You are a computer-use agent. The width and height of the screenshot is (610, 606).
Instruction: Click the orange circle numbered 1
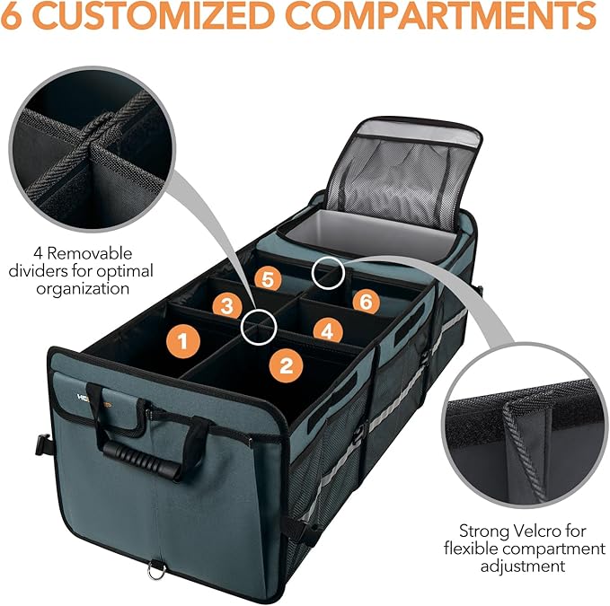[183, 340]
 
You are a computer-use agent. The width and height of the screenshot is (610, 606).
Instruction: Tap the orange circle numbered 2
[287, 364]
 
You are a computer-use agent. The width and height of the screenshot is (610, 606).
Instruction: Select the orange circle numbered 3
[227, 305]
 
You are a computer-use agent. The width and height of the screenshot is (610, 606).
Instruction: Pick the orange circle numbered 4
[328, 330]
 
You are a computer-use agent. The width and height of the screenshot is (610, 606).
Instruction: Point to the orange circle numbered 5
[264, 279]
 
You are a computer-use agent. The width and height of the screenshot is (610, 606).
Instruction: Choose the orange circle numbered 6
[364, 301]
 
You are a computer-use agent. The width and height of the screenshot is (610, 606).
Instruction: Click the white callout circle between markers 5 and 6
[328, 273]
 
